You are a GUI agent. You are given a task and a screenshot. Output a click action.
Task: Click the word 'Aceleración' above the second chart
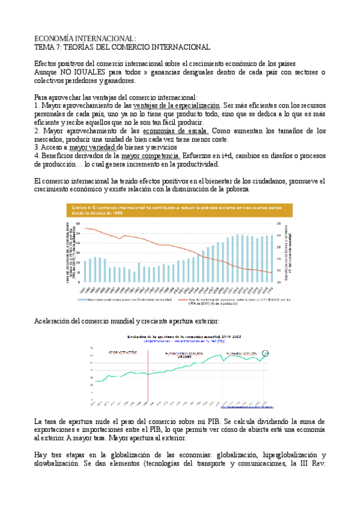(51, 321)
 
